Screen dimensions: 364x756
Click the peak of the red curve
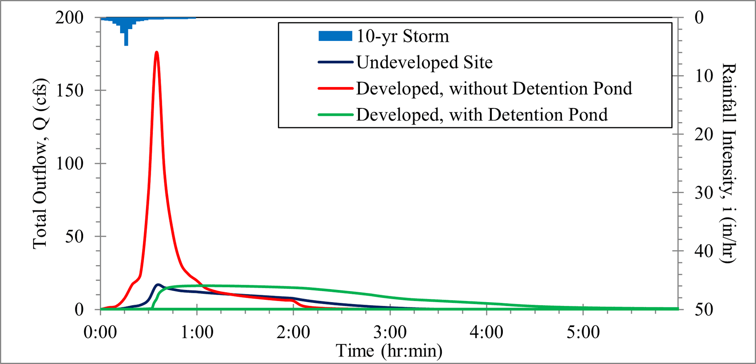(x=157, y=52)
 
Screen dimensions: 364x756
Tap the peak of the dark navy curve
(x=158, y=284)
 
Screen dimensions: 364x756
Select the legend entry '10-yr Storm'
(x=402, y=36)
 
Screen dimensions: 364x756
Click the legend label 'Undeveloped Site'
(x=424, y=62)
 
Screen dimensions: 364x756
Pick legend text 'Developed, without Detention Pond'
(x=494, y=89)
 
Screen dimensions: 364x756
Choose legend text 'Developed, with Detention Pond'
(x=482, y=115)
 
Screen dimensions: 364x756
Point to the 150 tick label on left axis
(x=69, y=91)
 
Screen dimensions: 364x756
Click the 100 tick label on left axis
(x=69, y=163)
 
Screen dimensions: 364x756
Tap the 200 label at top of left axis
(x=69, y=17)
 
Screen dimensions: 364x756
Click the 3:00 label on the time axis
(x=390, y=332)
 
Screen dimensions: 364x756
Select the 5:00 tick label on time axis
(x=583, y=332)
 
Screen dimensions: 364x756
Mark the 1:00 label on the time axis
(x=197, y=332)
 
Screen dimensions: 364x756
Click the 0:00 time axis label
(x=100, y=332)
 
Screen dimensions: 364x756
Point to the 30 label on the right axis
(x=704, y=193)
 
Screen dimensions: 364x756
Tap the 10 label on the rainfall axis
(x=704, y=76)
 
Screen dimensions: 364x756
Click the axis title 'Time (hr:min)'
(x=389, y=351)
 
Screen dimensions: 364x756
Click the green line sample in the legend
(x=335, y=115)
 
